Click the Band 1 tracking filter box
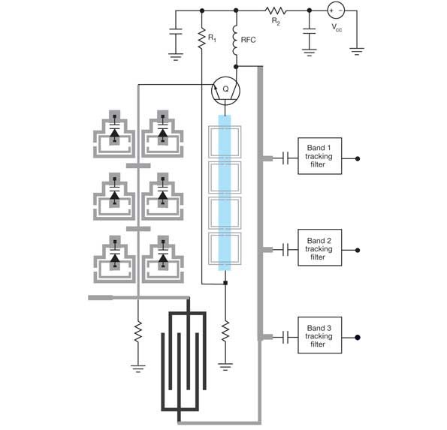point(319,156)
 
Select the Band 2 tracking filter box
point(319,248)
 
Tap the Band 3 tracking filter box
point(319,335)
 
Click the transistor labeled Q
point(225,91)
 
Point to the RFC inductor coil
point(235,41)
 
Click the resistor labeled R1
point(202,38)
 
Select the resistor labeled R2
point(276,11)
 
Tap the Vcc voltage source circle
point(336,11)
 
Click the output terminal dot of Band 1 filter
point(358,158)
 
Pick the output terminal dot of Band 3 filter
point(358,338)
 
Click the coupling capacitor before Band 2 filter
point(286,250)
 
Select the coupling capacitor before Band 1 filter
point(286,158)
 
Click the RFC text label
point(249,40)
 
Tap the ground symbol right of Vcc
point(357,51)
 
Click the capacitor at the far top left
point(176,32)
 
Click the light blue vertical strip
point(225,193)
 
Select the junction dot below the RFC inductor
point(236,67)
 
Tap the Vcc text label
point(337,27)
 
